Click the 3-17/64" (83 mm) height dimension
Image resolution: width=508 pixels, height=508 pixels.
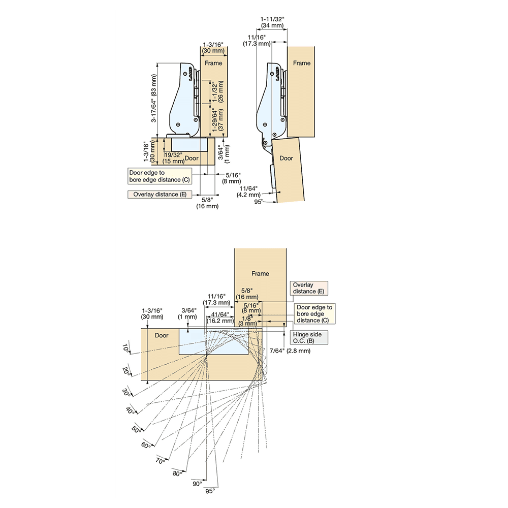[x=154, y=98]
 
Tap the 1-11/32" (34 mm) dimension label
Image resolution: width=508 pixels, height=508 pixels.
[x=272, y=22]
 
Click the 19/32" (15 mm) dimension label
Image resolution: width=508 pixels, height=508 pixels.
[x=173, y=158]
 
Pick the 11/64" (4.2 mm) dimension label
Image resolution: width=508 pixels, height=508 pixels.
[x=248, y=192]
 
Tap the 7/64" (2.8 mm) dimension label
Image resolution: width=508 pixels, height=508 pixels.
[x=290, y=351]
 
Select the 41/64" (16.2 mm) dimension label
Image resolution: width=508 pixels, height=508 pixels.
[x=220, y=317]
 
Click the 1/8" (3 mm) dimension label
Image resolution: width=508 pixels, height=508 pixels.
[x=248, y=321]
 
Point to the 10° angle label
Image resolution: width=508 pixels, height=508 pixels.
[x=126, y=348]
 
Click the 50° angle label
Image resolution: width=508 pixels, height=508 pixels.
[x=136, y=430]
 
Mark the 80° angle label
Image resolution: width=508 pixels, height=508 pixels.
[x=177, y=473]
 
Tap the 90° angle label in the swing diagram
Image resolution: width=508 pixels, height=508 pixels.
[x=197, y=484]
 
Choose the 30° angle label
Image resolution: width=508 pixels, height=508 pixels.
[x=126, y=392]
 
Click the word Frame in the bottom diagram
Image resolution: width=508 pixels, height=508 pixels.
[x=260, y=273]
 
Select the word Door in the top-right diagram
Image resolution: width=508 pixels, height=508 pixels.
[x=286, y=158]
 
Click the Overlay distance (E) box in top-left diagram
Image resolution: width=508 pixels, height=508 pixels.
[x=160, y=195]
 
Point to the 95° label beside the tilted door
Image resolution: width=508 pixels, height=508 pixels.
[x=258, y=202]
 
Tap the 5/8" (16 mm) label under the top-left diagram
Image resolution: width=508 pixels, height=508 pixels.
[x=207, y=203]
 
